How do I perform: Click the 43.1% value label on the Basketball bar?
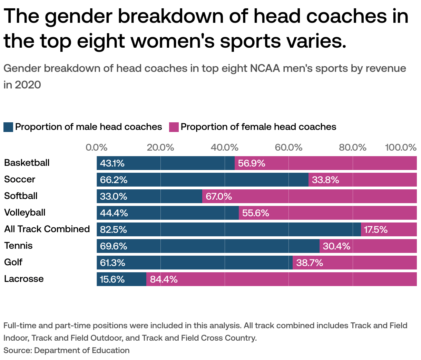pyautogui.click(x=112, y=163)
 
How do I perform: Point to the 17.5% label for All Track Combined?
pyautogui.click(x=376, y=229)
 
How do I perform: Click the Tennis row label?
pyautogui.click(x=18, y=246)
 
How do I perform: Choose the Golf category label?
pyautogui.click(x=13, y=262)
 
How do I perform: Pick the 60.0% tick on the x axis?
pyautogui.click(x=288, y=148)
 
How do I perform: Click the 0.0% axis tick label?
pyautogui.click(x=97, y=148)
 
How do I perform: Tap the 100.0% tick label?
pyautogui.click(x=401, y=148)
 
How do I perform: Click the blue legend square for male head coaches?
pyautogui.click(x=8, y=127)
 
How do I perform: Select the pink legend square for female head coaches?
pyautogui.click(x=174, y=127)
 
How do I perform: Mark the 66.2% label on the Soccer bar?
pyautogui.click(x=114, y=180)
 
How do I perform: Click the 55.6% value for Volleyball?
pyautogui.click(x=255, y=213)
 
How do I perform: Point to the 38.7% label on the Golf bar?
pyautogui.click(x=310, y=263)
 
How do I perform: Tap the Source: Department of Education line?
pyautogui.click(x=67, y=350)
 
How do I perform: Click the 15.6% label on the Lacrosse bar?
pyautogui.click(x=112, y=279)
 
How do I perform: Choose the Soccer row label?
pyautogui.click(x=20, y=179)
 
